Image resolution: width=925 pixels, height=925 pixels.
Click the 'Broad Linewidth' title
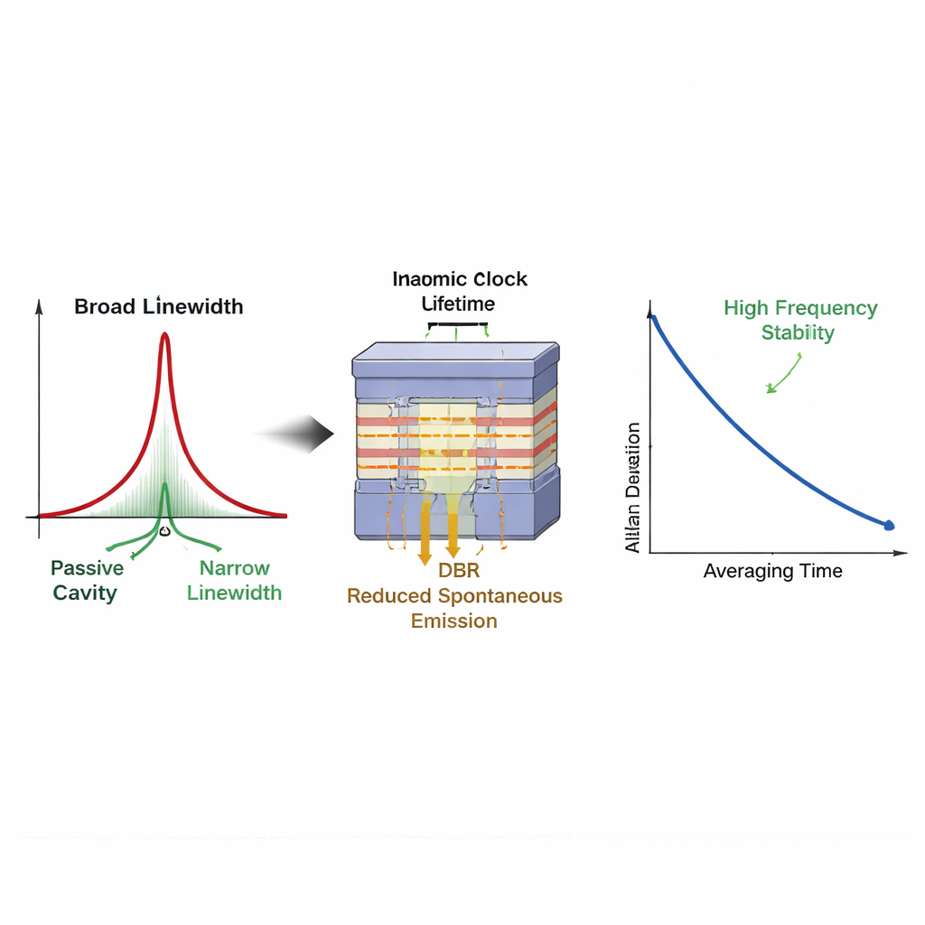tap(158, 306)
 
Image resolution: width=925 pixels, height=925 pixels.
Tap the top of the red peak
tap(164, 336)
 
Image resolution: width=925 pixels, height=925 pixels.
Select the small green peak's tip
tap(164, 485)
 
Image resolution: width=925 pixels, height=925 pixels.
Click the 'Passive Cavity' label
tap(86, 580)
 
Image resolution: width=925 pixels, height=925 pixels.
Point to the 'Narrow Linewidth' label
tap(235, 580)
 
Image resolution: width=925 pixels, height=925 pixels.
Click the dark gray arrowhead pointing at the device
tap(321, 436)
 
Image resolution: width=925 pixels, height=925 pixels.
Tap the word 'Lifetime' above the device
tap(459, 304)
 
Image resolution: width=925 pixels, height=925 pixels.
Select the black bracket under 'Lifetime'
tap(459, 324)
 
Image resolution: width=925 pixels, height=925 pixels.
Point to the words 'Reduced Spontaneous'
tap(454, 596)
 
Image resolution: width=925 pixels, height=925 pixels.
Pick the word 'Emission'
tap(454, 621)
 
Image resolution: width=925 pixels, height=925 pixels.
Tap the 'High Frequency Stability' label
tap(799, 320)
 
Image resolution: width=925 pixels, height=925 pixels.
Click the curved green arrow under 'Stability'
tap(783, 374)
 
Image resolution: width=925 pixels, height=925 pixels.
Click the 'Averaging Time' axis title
tap(772, 571)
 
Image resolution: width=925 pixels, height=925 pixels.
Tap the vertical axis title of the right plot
tap(633, 488)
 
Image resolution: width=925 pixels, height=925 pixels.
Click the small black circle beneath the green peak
tap(164, 531)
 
